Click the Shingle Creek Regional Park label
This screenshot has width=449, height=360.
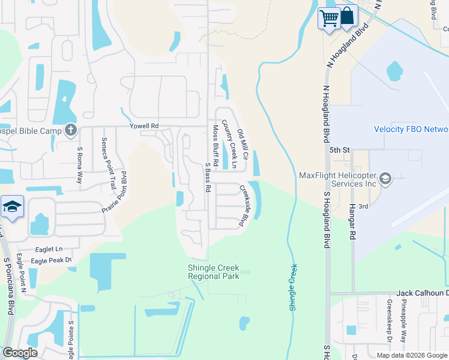tap(213, 272)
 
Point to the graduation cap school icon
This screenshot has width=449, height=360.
tap(12, 206)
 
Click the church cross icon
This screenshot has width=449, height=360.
tap(71, 129)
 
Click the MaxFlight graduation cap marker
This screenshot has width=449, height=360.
tap(385, 179)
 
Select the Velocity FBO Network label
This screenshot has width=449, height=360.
tap(411, 130)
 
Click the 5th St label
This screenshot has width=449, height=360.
tap(339, 150)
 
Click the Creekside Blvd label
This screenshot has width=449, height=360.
tap(244, 205)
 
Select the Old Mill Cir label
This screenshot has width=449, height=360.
tap(243, 143)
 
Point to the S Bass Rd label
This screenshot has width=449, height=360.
tap(208, 177)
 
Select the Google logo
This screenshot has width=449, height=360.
tap(20, 353)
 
